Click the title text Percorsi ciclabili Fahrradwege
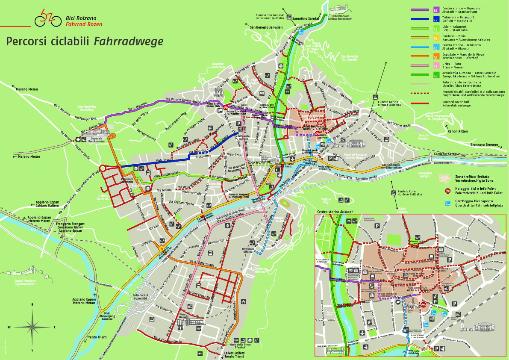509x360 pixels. (85, 41)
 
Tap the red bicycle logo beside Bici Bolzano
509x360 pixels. (45, 18)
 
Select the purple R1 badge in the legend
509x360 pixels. (435, 9)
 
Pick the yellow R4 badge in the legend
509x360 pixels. (435, 38)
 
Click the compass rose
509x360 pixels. (32, 327)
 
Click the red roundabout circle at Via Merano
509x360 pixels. (103, 168)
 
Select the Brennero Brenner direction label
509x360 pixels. (484, 145)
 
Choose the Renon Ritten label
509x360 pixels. (457, 131)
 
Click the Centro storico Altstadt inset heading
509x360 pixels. (335, 212)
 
